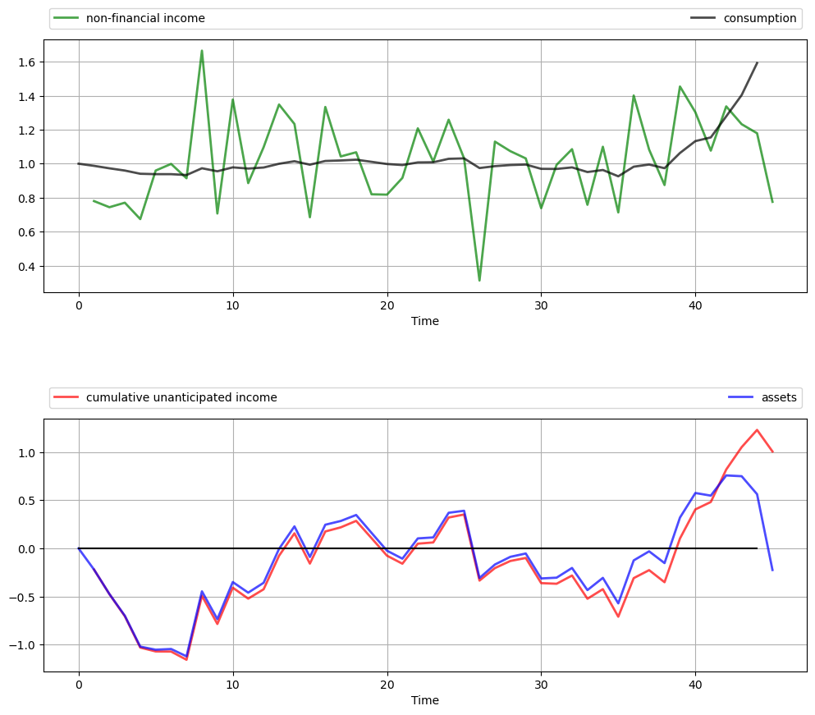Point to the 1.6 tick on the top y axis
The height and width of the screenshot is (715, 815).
(x=25, y=62)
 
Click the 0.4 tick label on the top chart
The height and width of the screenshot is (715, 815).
(x=25, y=266)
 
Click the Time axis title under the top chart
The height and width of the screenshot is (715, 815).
(x=425, y=321)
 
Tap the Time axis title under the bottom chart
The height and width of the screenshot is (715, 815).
(x=425, y=700)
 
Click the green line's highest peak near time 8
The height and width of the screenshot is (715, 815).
(x=202, y=51)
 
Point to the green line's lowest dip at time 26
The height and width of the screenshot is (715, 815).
(x=479, y=281)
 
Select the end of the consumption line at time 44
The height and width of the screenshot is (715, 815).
(x=757, y=62)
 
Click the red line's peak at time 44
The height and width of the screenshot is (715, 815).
(x=757, y=429)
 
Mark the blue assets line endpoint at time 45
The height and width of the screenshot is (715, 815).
(x=772, y=570)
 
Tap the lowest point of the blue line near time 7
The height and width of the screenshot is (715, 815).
(x=186, y=657)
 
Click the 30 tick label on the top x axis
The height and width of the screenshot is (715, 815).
(x=541, y=305)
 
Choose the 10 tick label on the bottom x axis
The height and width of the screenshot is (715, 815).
(x=233, y=684)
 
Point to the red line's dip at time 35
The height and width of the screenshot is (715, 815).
(x=618, y=616)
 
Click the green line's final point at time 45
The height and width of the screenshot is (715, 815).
(x=772, y=202)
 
